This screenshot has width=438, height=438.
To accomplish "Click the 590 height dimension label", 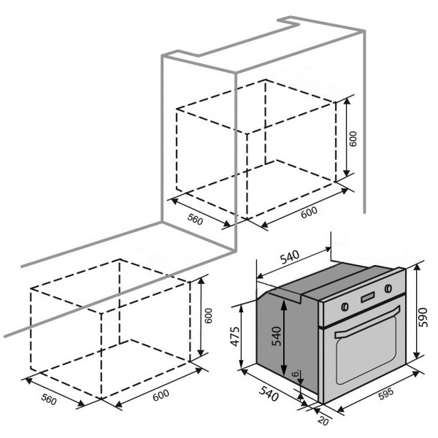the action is point(424,317).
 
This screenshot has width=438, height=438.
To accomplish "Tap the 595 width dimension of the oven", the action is point(386,393).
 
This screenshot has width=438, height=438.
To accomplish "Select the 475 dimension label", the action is point(236,336).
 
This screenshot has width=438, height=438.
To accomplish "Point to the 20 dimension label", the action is point(323,420).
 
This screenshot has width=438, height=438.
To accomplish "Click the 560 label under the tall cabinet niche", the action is point(195,219).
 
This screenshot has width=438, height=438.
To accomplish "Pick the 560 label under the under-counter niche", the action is point(49,399).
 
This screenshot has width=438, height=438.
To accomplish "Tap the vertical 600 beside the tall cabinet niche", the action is point(353,139).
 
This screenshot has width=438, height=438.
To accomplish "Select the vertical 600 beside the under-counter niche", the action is point(208,316).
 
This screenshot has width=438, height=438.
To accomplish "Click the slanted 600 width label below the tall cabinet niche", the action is point(309,212).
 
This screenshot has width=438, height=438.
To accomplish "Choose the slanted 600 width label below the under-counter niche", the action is point(161,395).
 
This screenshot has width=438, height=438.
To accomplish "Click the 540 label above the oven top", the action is point(290,257).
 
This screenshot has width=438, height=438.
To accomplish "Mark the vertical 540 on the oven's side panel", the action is point(277,336).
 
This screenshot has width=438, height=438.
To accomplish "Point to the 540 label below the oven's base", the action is point(269,393).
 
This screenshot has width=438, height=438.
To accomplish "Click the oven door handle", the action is point(368,321).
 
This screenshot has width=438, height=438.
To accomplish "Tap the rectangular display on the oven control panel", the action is point(368,298).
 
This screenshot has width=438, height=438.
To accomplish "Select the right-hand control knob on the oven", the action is point(388,288).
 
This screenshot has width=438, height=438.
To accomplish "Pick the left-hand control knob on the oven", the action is point(345,307).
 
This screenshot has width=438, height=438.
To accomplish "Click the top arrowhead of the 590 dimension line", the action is point(417,268).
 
